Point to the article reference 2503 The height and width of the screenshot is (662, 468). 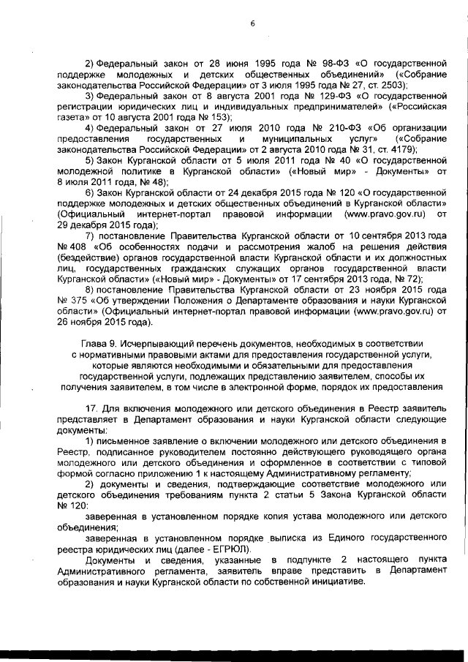391,86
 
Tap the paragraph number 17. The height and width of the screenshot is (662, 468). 91,407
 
